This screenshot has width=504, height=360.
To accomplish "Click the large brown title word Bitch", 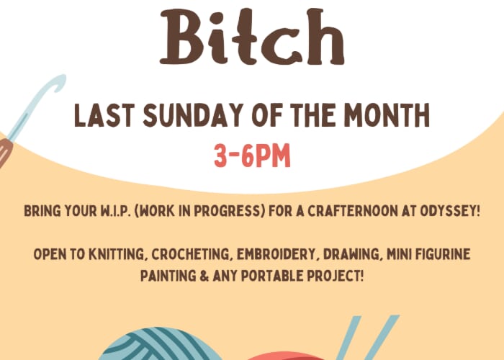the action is [252, 36].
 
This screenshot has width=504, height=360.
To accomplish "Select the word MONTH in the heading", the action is [387, 114].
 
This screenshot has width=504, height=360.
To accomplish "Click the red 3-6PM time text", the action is [252, 156].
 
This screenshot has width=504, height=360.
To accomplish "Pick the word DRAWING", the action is [351, 254].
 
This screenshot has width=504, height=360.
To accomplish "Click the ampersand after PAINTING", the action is [204, 276].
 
